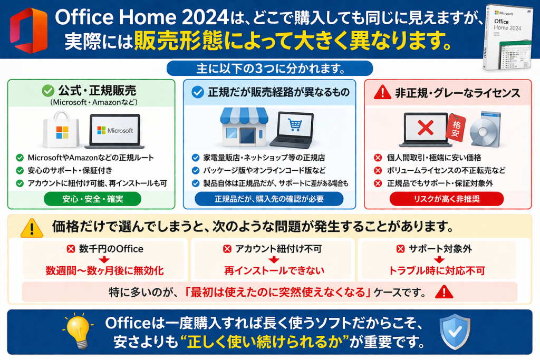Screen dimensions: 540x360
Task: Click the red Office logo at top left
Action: coord(28,31)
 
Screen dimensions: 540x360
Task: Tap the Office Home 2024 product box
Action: coord(508,37)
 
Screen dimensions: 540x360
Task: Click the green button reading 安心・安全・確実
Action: coord(92,199)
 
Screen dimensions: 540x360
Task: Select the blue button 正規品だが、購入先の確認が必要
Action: coord(269,199)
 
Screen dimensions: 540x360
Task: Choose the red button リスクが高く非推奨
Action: coord(447,199)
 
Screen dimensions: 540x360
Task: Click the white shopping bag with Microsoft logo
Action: coord(61,130)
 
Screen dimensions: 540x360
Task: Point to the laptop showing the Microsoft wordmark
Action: coord(114,131)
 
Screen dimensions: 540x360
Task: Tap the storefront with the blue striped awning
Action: coord(244,127)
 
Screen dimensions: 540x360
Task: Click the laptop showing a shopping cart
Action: coord(293,130)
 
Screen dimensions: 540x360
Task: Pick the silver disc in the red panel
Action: coord(484,130)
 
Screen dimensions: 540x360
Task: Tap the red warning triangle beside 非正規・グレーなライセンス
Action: coord(382,93)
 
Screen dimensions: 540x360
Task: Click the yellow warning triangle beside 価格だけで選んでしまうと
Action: coord(32,228)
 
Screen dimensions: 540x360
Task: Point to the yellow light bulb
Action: coord(79,331)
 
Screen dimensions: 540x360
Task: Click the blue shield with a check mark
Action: coord(455,332)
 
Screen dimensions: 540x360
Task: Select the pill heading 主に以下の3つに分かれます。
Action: coord(269,69)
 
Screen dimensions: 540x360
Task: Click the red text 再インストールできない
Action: coord(274,270)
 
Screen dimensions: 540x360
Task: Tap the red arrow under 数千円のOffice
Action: coord(104,259)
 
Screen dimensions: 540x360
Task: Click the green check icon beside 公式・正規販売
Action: coord(48,91)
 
